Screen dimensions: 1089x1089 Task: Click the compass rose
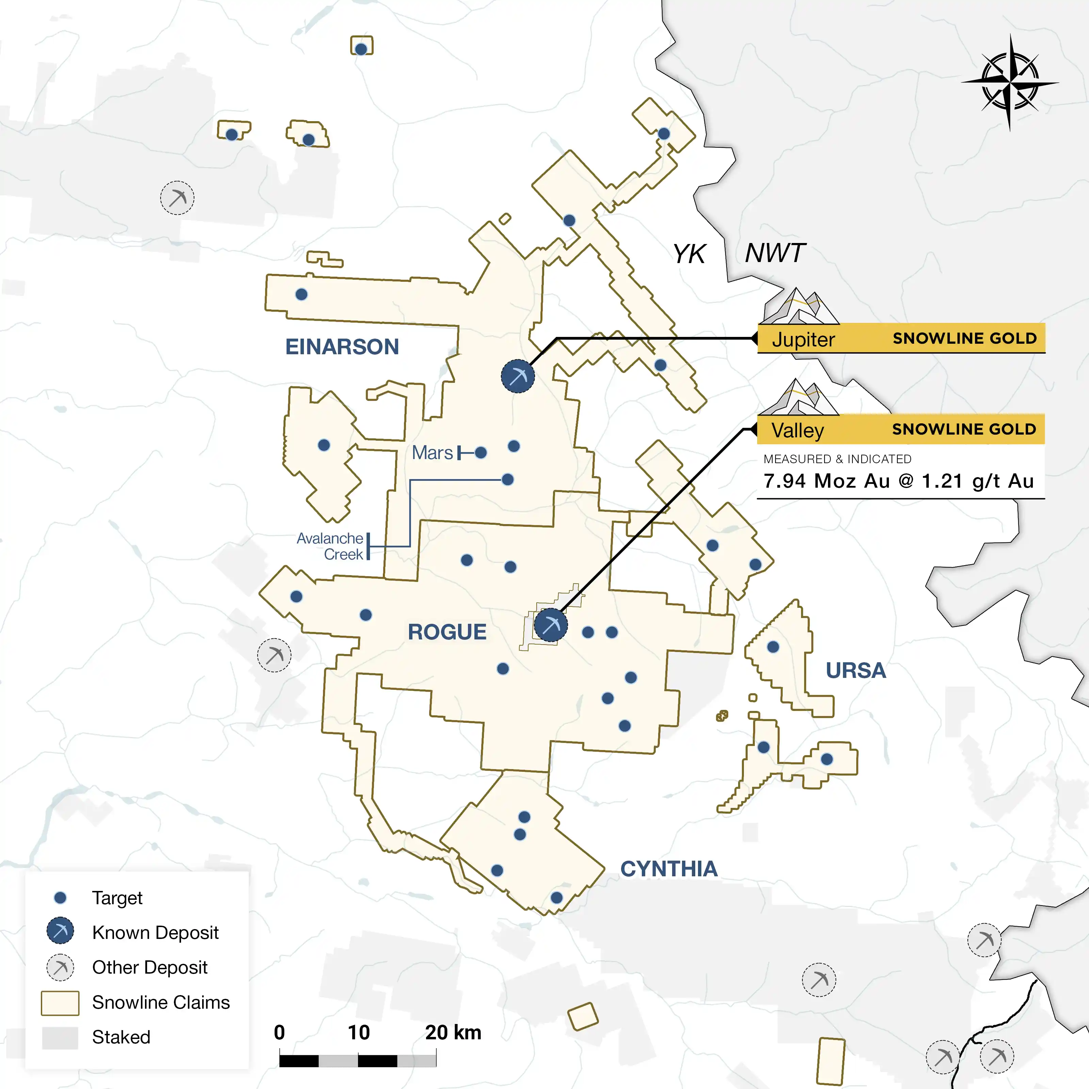click(x=1009, y=83)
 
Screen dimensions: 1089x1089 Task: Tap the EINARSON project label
click(x=342, y=347)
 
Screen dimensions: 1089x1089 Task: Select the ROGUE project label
click(x=447, y=632)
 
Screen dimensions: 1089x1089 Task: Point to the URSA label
click(x=856, y=670)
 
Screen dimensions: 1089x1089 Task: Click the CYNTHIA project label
click(x=669, y=868)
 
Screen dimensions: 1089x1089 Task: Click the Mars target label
click(x=432, y=453)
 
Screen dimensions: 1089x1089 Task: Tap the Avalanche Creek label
click(x=330, y=546)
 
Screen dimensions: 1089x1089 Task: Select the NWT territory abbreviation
click(x=775, y=253)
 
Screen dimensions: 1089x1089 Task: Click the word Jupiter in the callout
click(x=803, y=339)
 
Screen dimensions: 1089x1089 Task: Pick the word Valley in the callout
click(x=798, y=430)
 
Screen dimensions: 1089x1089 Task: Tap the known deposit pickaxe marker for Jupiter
click(x=517, y=376)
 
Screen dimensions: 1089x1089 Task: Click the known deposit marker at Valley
click(x=550, y=624)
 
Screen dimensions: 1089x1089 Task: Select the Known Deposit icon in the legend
click(x=60, y=931)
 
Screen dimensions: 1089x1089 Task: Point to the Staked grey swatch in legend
click(x=60, y=1038)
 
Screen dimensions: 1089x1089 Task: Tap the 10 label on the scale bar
click(x=358, y=1032)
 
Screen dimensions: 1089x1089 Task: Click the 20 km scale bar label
click(x=453, y=1032)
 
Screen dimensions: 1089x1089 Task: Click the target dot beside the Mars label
click(x=481, y=453)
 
